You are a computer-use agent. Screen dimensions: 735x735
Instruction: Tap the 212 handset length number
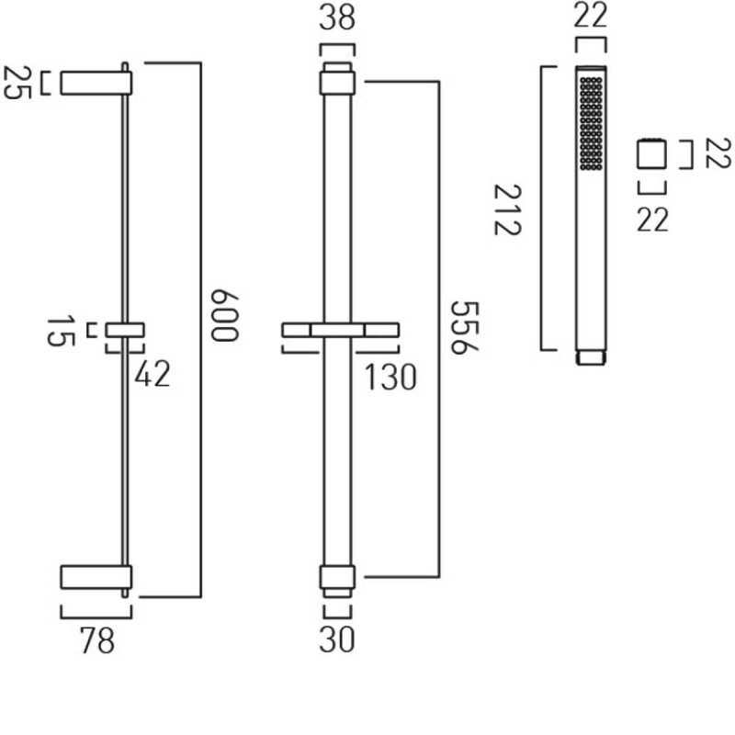(507, 209)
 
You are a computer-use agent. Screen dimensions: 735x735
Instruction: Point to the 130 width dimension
(390, 377)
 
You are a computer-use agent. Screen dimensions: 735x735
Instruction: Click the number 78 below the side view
(97, 640)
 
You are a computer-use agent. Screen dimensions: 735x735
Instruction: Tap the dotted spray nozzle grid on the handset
(591, 123)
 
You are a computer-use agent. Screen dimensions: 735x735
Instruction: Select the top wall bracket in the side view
(96, 82)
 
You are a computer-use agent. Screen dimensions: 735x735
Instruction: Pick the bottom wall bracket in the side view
(96, 577)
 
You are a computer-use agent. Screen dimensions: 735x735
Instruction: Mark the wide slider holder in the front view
(340, 329)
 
